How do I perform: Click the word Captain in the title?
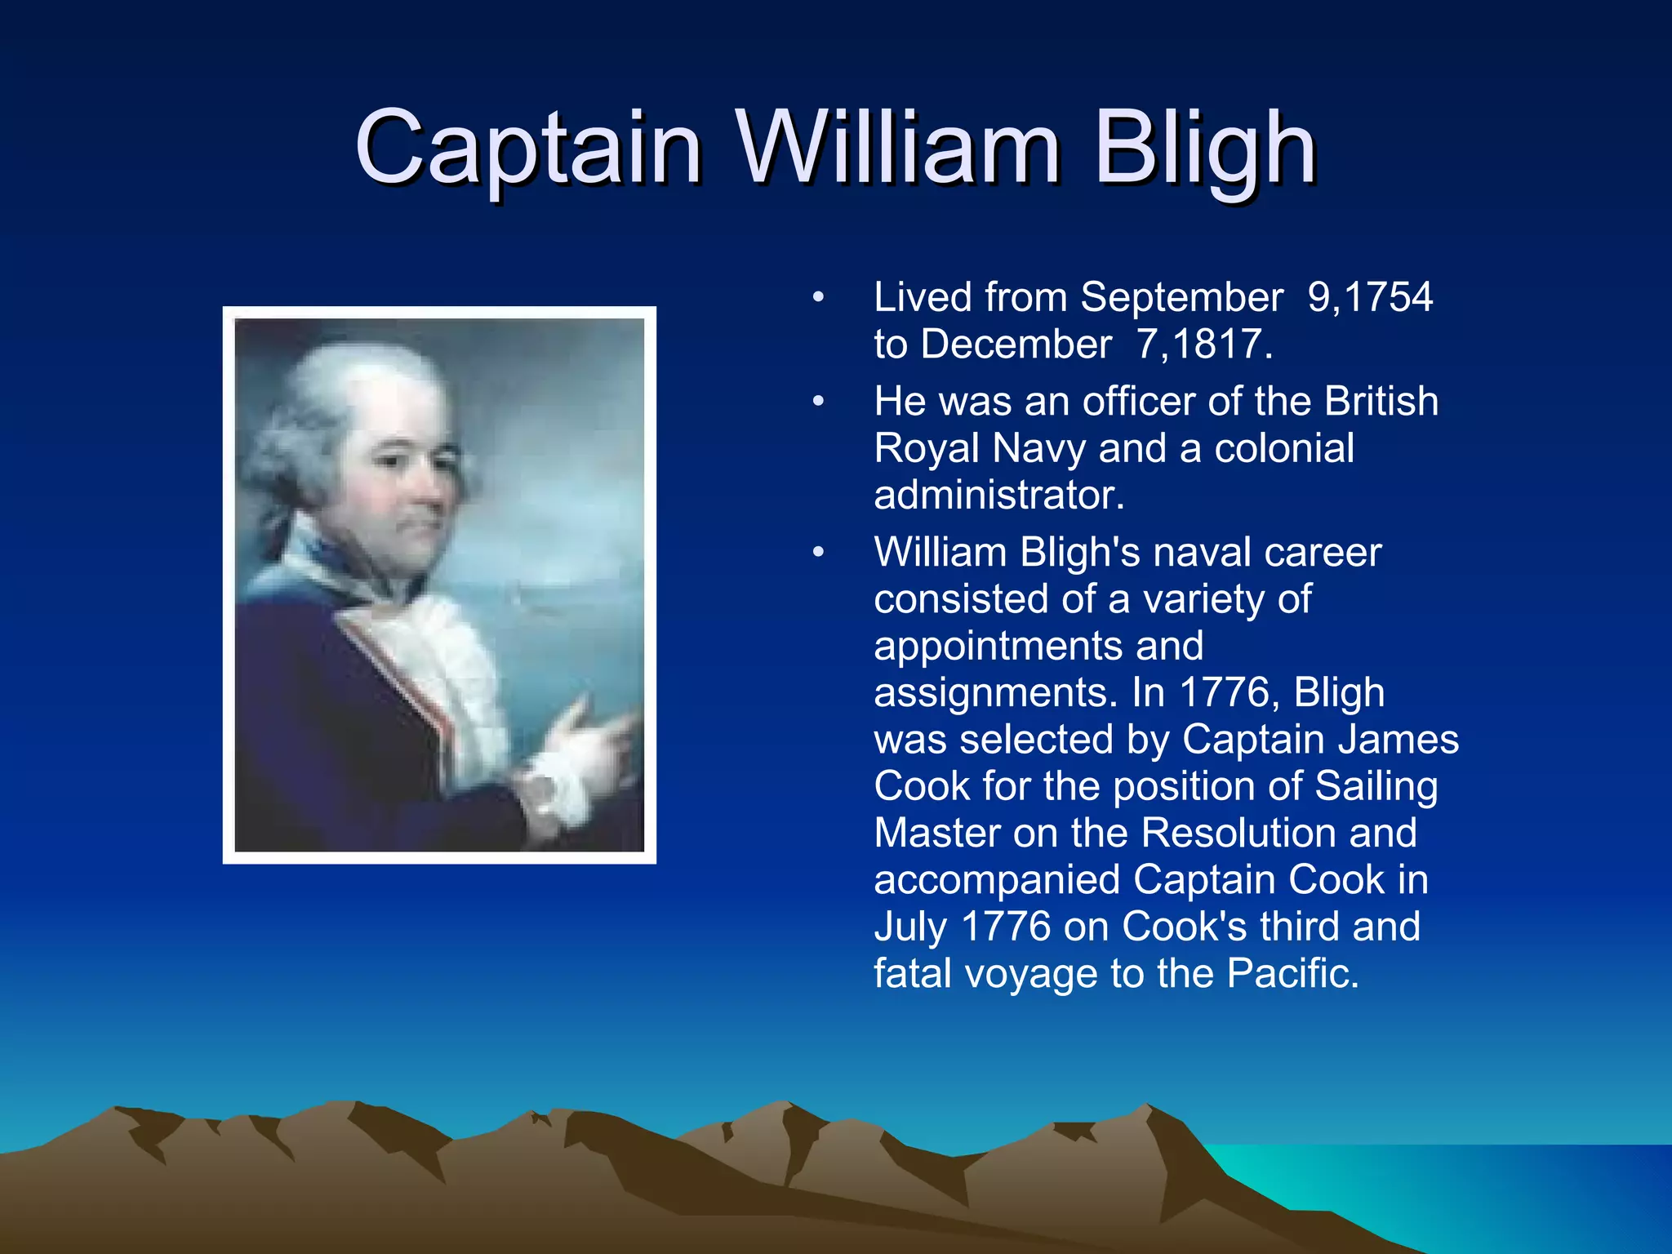click(528, 149)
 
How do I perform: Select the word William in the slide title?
click(898, 149)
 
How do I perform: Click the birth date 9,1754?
click(1369, 297)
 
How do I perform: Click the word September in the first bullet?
click(1181, 297)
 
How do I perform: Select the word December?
click(1016, 345)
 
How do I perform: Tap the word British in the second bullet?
click(1381, 402)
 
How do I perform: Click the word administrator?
click(998, 496)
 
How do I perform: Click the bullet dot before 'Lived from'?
click(818, 298)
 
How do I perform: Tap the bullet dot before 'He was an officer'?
click(818, 402)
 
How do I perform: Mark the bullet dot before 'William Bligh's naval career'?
click(818, 554)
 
